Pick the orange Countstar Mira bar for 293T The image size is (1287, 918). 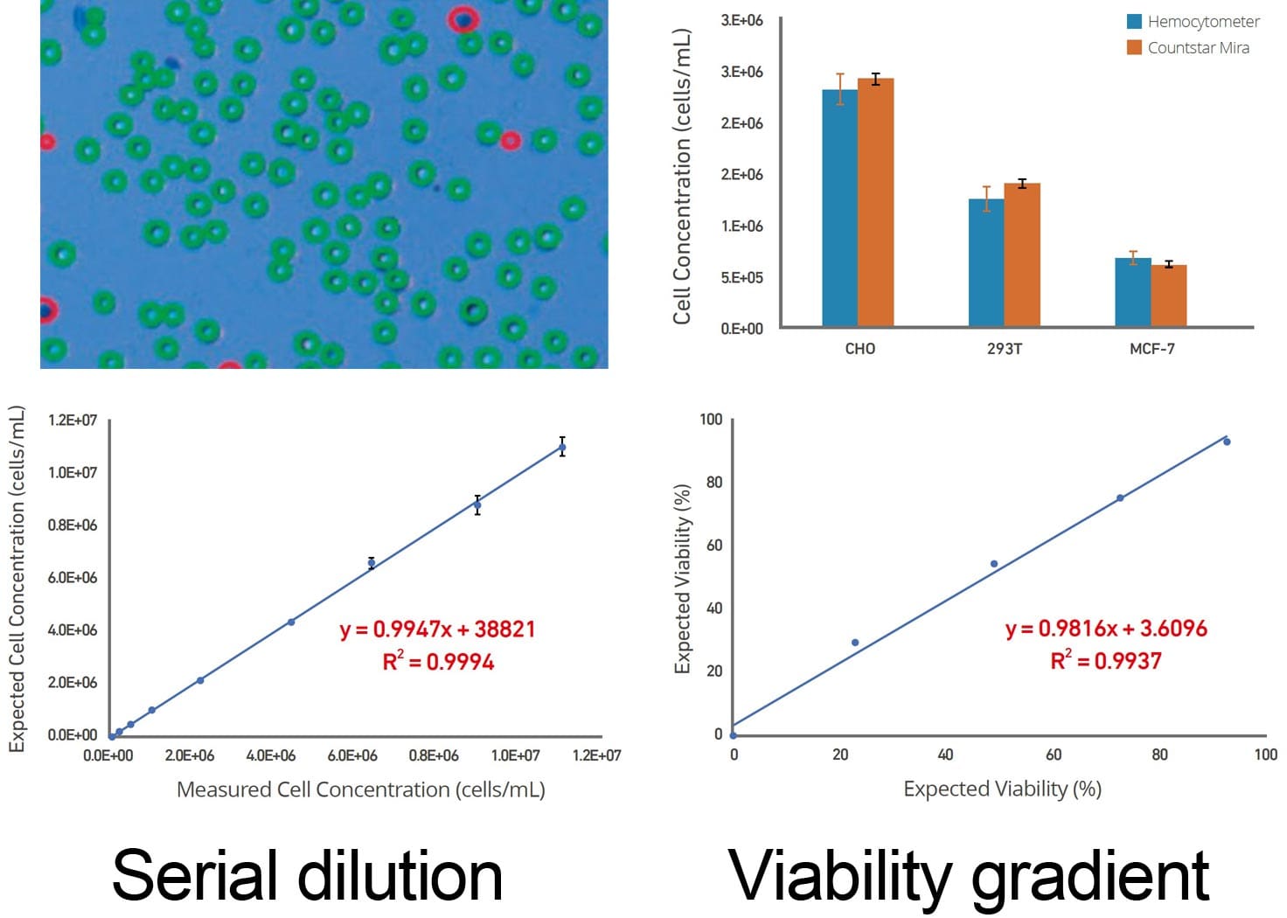[1022, 254]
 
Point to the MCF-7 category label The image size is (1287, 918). [1151, 349]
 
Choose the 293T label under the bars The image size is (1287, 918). [1005, 349]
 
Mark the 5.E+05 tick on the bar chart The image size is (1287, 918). [741, 278]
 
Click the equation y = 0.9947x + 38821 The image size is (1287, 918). [437, 629]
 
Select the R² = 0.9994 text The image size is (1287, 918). [438, 662]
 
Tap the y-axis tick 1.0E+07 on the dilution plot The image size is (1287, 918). [73, 473]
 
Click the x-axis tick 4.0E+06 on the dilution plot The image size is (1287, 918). [271, 755]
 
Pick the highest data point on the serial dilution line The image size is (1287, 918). [562, 448]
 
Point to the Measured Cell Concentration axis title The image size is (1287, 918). [360, 789]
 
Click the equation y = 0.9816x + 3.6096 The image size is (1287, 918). [1106, 629]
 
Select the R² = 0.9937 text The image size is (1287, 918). [1106, 660]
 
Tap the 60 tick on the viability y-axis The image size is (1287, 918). [714, 546]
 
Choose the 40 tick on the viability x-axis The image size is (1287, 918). [945, 755]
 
